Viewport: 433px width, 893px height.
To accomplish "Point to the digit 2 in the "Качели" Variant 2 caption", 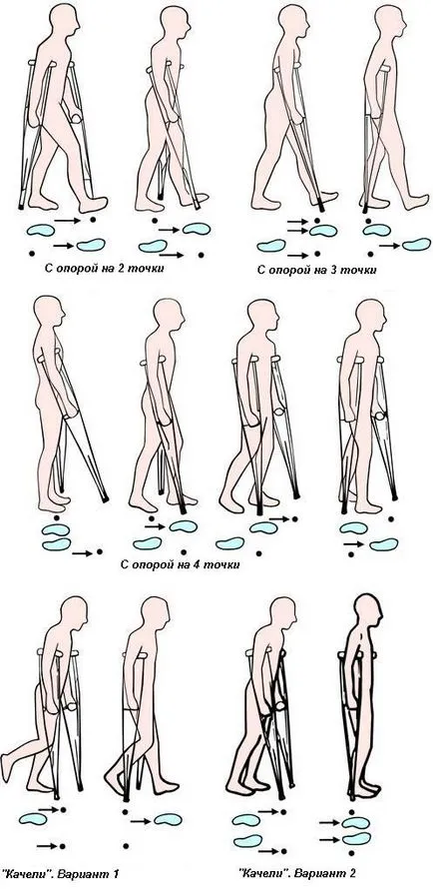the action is click(x=353, y=872).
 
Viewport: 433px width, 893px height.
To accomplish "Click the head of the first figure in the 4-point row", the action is click(x=50, y=311).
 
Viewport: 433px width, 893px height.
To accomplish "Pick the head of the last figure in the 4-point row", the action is click(x=370, y=315).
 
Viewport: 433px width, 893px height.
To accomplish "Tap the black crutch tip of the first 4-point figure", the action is click(x=105, y=498).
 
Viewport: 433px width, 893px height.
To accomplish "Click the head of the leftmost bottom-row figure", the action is click(x=74, y=611).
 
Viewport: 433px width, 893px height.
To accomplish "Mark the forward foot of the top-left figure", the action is click(x=94, y=204).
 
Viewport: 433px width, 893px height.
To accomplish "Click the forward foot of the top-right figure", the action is click(x=416, y=202).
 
